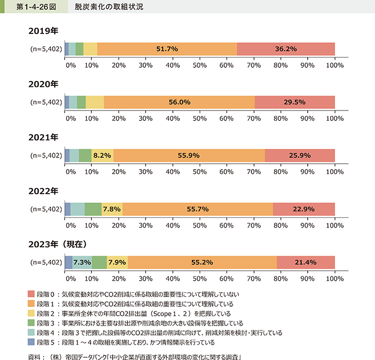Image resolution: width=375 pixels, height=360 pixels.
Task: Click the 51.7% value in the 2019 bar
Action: (x=167, y=49)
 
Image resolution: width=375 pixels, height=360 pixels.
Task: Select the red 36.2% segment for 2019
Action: (x=286, y=49)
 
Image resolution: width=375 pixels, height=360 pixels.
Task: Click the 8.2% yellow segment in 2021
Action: (x=102, y=155)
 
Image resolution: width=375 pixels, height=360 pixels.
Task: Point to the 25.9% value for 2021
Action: (x=300, y=155)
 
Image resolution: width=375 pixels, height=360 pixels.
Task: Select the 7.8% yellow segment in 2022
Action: (x=112, y=209)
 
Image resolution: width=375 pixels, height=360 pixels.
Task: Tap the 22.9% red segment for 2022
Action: (x=303, y=209)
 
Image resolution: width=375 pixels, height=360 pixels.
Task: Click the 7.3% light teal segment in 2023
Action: (x=82, y=263)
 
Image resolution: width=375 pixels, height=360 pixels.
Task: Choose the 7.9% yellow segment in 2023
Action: (x=117, y=263)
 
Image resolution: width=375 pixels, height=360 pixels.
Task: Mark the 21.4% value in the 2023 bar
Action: (x=306, y=263)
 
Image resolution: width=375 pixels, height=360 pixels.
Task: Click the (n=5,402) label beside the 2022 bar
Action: (x=45, y=209)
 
